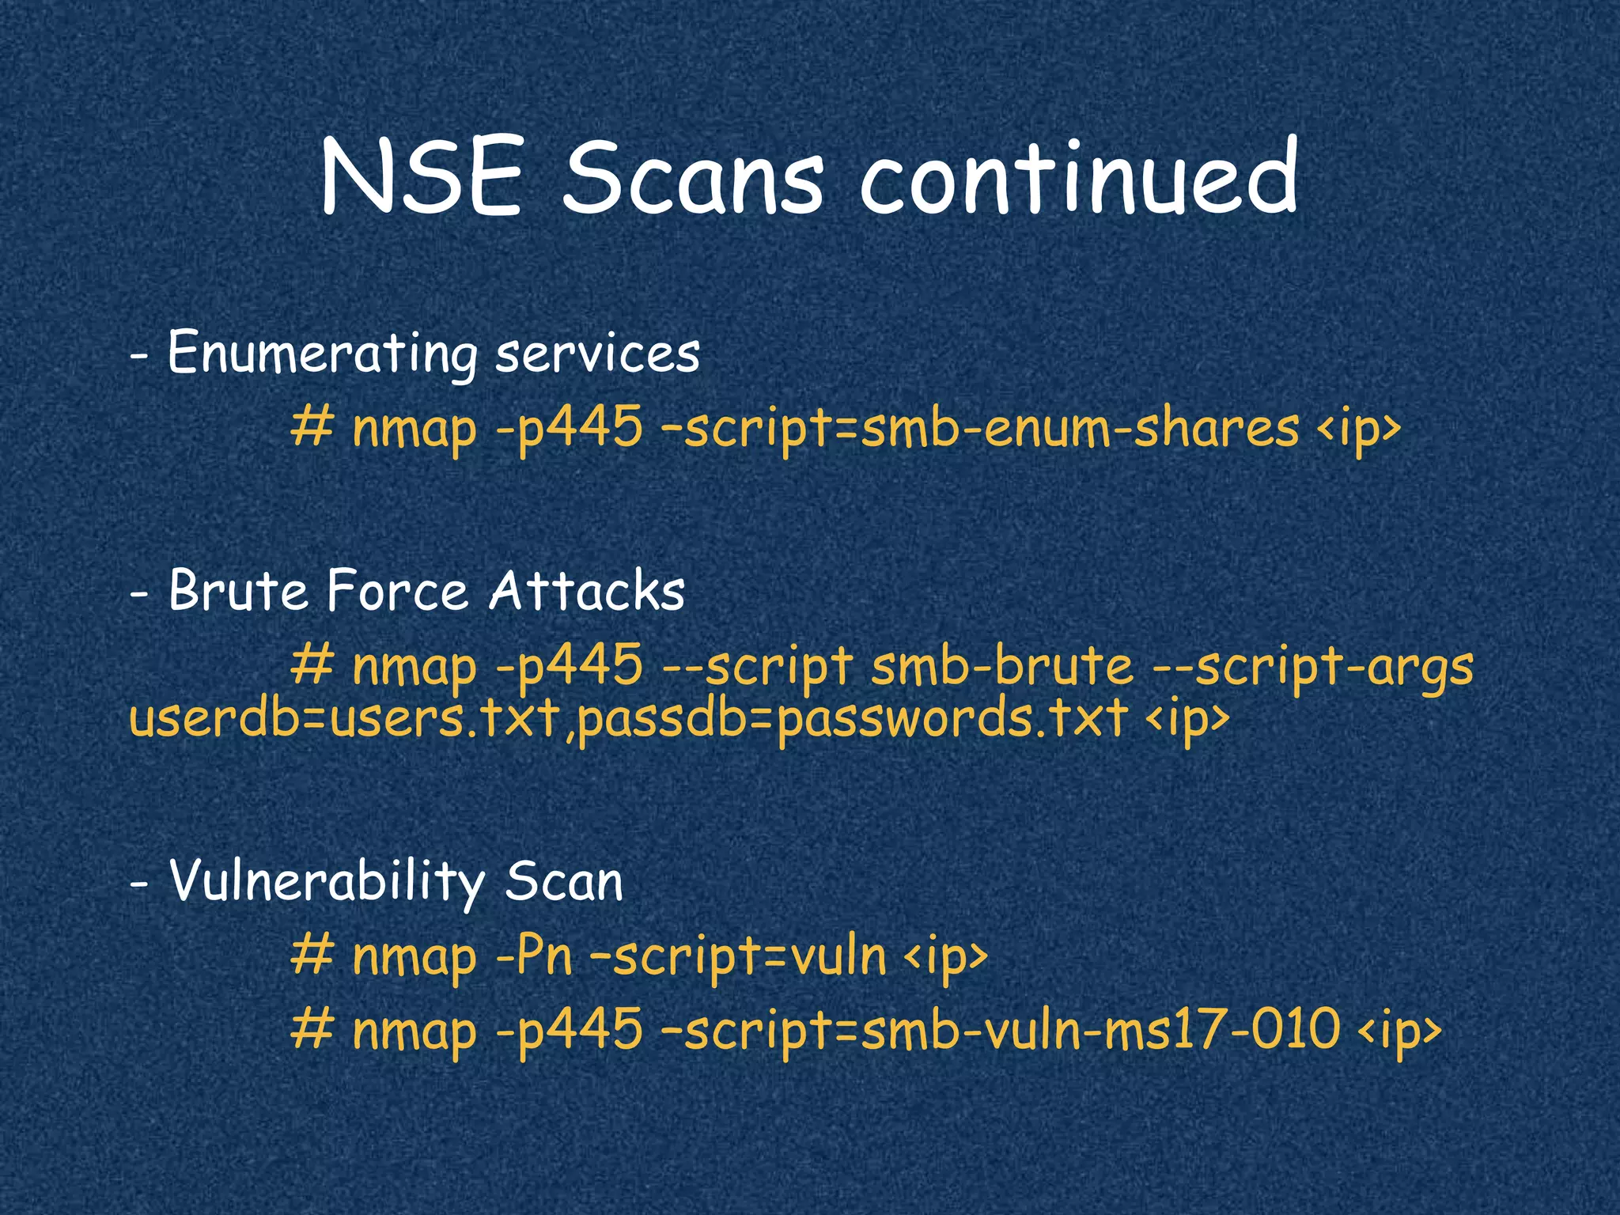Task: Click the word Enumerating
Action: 323,354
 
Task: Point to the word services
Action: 597,354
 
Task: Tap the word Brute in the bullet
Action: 238,591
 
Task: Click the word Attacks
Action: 586,591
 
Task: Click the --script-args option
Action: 1314,667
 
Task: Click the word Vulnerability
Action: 327,881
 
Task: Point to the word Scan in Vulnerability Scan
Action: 564,881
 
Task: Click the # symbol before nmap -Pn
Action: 312,956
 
